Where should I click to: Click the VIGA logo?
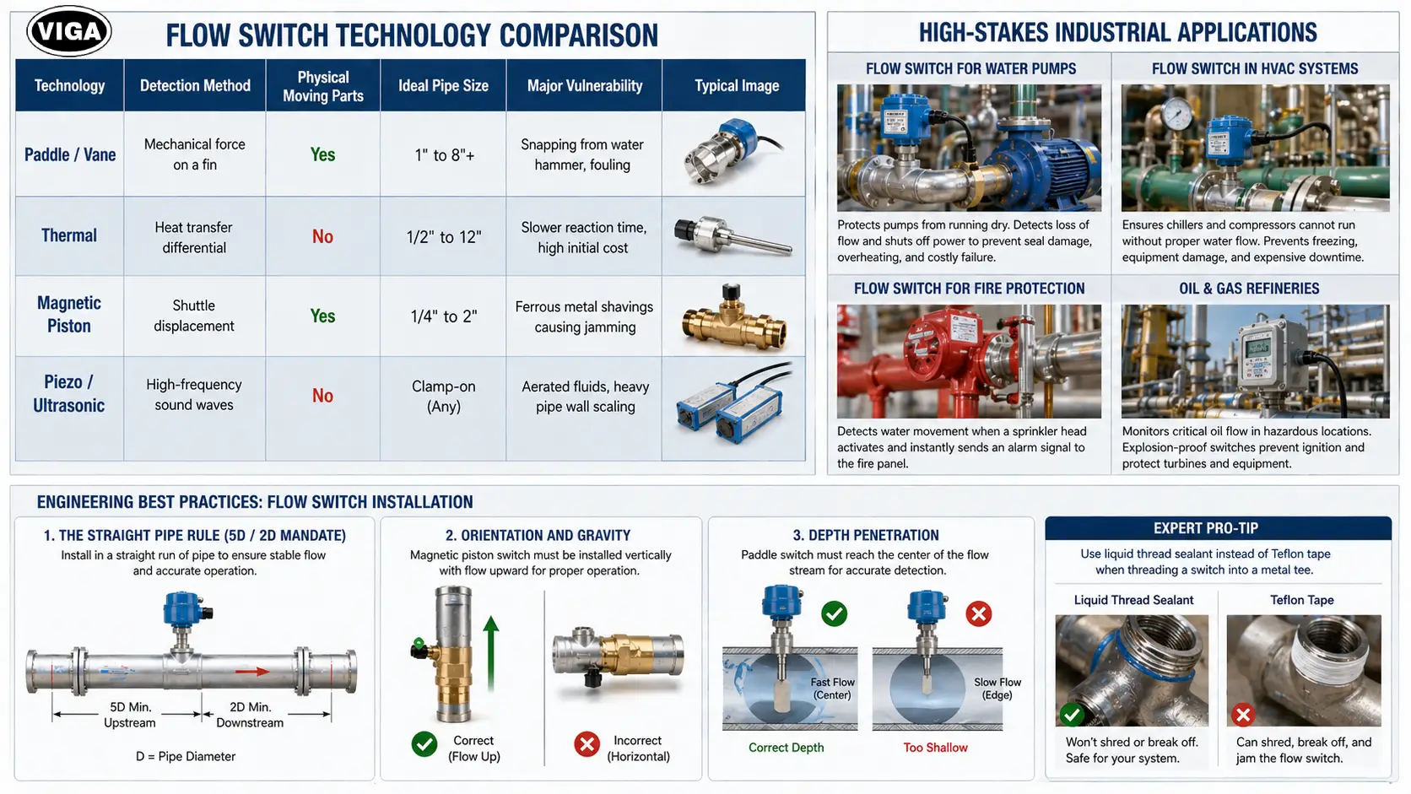tap(69, 31)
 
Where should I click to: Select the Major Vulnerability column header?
tap(585, 85)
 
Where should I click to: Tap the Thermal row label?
tap(69, 235)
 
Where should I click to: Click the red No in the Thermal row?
tap(322, 237)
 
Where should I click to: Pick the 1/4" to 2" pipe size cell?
tap(443, 316)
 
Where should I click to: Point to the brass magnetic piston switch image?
tap(734, 318)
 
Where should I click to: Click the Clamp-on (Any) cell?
tap(443, 396)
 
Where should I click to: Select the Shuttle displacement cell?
tap(194, 316)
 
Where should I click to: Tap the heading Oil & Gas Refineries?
tap(1249, 289)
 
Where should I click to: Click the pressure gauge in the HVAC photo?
tap(1178, 112)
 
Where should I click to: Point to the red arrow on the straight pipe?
tap(252, 672)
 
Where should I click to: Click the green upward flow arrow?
tap(490, 654)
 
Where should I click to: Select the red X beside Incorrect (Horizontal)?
tap(587, 744)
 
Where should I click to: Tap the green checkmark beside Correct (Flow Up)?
tap(424, 744)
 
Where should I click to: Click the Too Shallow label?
tap(935, 748)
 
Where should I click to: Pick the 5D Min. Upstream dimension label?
tap(130, 715)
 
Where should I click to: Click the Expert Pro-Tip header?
tap(1206, 528)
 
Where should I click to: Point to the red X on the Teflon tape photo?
tap(1243, 715)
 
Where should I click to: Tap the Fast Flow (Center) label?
tap(832, 689)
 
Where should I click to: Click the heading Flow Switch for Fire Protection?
tap(970, 289)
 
